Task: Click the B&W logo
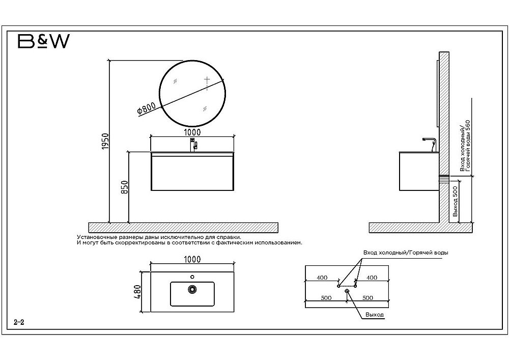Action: tap(43, 41)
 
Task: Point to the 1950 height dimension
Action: tap(104, 141)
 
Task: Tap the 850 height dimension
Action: tap(125, 187)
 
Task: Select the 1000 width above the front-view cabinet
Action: tap(192, 132)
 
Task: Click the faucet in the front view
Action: tap(193, 145)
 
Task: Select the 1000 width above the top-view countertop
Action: tap(192, 259)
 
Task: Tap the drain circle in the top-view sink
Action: tap(192, 289)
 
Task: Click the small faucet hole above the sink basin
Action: tap(192, 277)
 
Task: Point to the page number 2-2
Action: tap(19, 322)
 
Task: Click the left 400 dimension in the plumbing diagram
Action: tap(322, 278)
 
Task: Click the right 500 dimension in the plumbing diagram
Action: tap(367, 298)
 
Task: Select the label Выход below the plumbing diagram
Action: tap(374, 315)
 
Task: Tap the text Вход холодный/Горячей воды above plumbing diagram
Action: tap(406, 253)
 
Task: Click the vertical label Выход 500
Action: tap(455, 202)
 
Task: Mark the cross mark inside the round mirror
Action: tap(207, 79)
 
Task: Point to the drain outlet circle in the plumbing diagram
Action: tap(347, 291)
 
